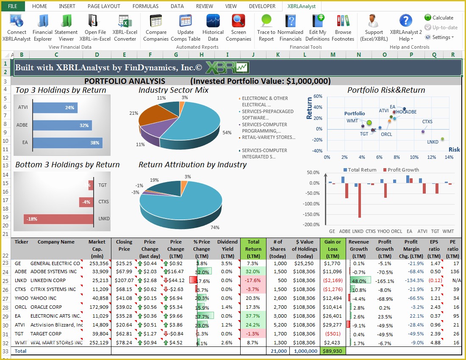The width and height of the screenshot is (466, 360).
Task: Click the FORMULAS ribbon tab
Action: pos(145,6)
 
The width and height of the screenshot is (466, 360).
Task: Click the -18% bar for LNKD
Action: pos(58,219)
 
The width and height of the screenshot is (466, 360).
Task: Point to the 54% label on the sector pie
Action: pos(227,133)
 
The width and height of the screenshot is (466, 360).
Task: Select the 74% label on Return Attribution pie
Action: pos(215,227)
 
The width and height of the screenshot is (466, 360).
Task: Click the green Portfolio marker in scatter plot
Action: pos(369,123)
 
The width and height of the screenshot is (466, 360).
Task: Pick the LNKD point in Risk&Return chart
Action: pos(443,139)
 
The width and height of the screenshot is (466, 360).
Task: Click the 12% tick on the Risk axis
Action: pos(432,157)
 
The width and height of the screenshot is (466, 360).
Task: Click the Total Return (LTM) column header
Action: pos(253,249)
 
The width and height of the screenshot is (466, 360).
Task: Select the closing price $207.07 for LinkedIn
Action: pos(124,280)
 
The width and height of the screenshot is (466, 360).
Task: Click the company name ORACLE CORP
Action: pos(46,307)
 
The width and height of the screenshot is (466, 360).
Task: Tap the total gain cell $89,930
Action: pos(333,351)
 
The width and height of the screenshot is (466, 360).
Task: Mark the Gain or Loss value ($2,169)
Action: pos(333,280)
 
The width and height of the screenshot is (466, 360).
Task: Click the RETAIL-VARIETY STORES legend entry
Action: pos(268,137)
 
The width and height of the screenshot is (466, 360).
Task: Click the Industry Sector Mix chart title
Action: pos(173,90)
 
